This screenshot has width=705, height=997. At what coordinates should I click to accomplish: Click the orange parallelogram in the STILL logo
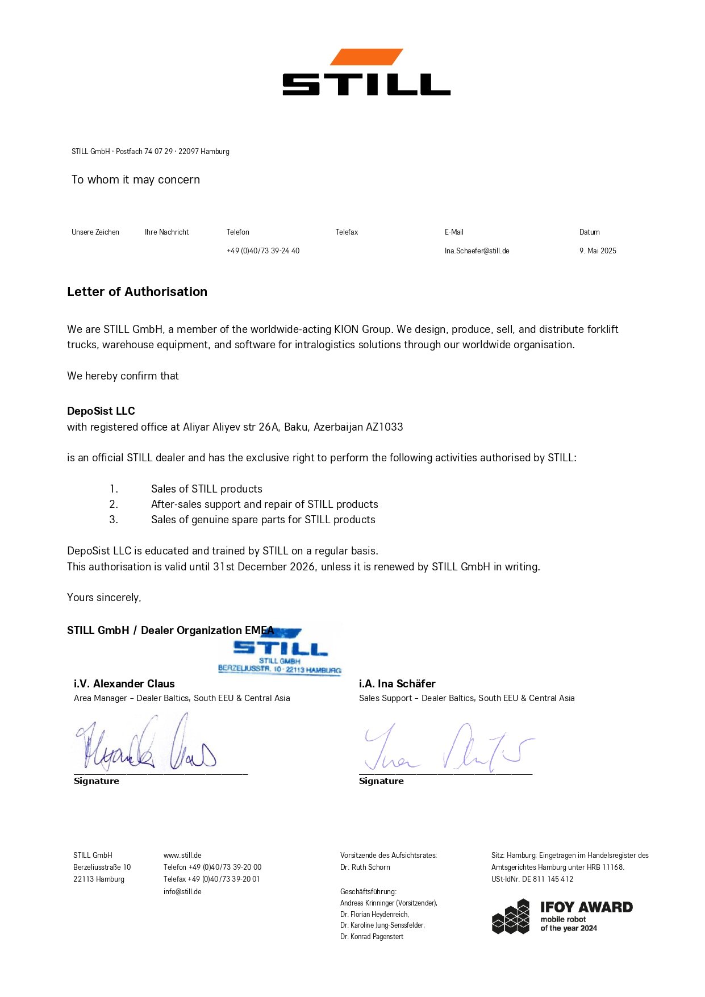click(366, 57)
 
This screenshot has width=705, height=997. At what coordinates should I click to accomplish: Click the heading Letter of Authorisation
click(137, 291)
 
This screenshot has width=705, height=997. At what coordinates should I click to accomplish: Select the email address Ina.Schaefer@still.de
click(477, 251)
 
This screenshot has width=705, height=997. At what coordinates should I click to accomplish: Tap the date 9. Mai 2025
click(598, 251)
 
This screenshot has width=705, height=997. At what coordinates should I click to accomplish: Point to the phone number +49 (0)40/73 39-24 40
click(263, 251)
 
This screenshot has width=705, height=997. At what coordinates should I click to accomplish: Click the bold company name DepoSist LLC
click(101, 411)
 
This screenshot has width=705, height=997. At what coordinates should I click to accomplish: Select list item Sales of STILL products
click(207, 489)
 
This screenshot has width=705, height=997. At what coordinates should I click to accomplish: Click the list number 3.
click(114, 519)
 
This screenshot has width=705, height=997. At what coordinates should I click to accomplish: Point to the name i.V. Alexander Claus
click(124, 683)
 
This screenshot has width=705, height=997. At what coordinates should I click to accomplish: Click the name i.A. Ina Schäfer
click(397, 683)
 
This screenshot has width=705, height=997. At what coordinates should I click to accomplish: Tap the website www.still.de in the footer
click(182, 855)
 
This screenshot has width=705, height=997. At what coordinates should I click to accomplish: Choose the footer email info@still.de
click(182, 891)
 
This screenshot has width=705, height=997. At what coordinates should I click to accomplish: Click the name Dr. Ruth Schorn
click(365, 867)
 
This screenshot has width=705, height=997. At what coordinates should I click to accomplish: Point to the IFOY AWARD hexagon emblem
click(511, 916)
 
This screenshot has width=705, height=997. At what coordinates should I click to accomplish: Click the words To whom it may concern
click(136, 180)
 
